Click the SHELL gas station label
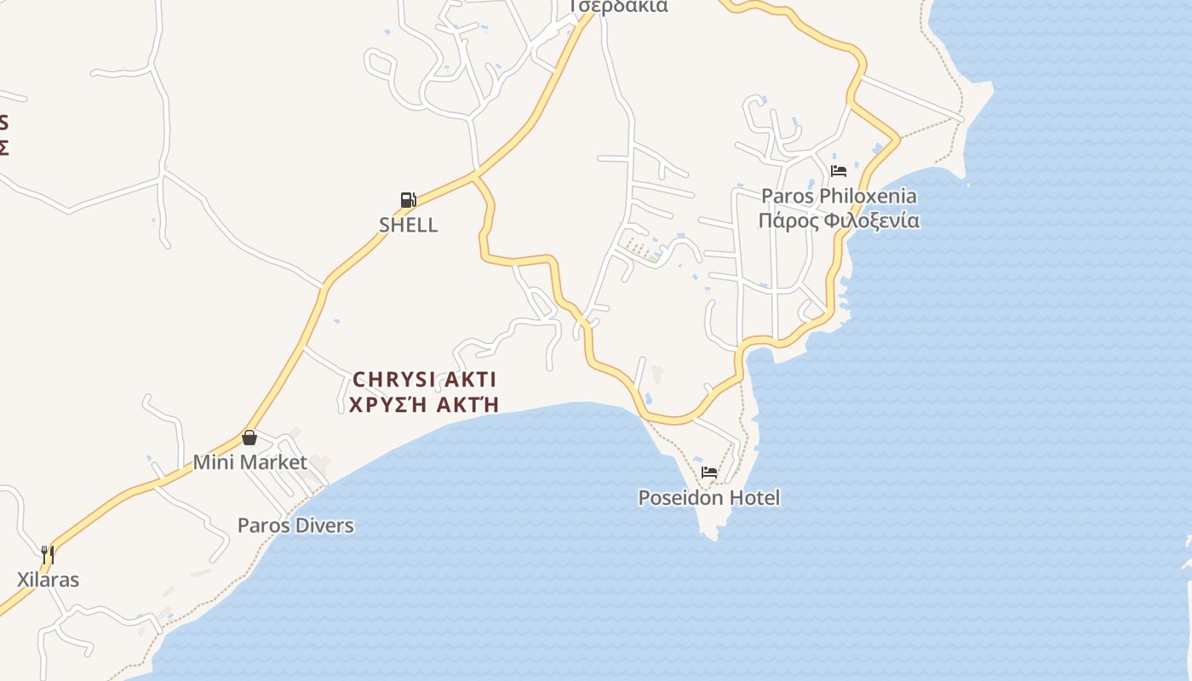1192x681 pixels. click(408, 225)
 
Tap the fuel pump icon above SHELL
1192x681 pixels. click(408, 200)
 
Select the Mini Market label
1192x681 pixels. click(249, 462)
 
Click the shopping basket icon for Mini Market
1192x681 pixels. click(249, 438)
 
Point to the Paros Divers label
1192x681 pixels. click(295, 525)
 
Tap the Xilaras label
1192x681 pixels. click(48, 580)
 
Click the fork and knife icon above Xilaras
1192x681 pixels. click(48, 555)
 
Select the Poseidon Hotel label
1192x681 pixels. click(708, 497)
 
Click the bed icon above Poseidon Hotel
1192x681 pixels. click(708, 472)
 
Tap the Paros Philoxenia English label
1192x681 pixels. click(839, 196)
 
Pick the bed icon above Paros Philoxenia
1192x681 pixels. click(839, 170)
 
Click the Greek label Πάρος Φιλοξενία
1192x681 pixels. click(839, 221)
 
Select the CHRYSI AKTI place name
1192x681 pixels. click(424, 379)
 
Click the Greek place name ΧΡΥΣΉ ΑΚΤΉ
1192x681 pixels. click(424, 404)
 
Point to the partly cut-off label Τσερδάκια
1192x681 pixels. click(619, 6)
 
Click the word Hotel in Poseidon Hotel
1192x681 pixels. click(753, 497)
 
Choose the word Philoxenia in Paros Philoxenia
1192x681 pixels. click(861, 196)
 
